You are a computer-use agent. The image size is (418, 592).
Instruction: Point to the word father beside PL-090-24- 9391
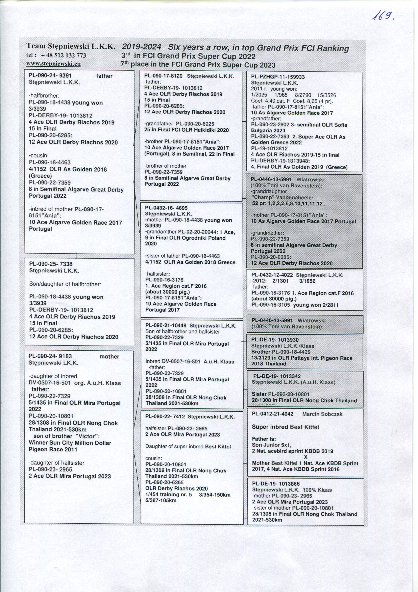click(104, 76)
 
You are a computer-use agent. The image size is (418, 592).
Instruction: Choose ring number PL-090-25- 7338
click(51, 264)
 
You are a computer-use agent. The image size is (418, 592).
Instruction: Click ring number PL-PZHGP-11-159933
click(278, 77)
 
